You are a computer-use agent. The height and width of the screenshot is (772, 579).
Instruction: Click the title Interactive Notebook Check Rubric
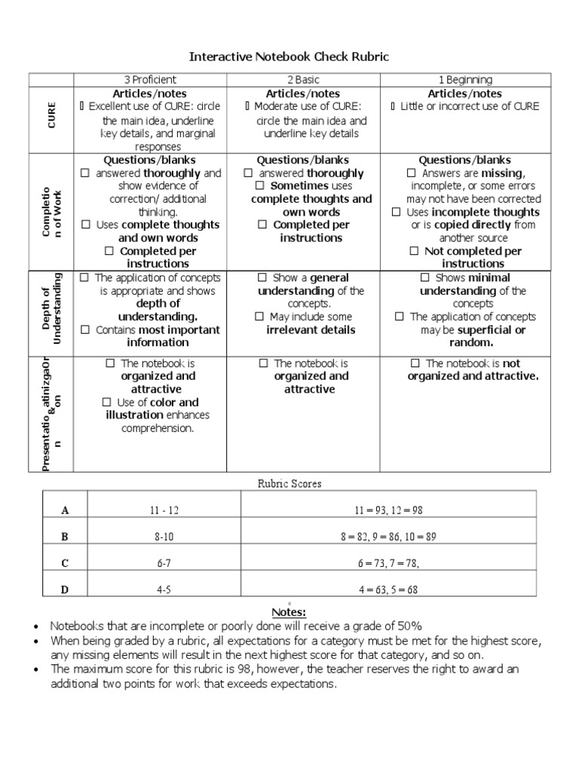coord(289,57)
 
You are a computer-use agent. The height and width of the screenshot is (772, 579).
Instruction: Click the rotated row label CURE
coord(51,120)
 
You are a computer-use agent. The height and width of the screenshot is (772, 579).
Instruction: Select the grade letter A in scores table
coord(65,510)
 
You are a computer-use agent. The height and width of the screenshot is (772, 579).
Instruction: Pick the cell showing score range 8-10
coord(164,537)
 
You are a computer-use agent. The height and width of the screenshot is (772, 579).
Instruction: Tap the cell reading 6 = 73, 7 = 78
coord(388,563)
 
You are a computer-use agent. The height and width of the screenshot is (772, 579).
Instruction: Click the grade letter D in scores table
coord(65,590)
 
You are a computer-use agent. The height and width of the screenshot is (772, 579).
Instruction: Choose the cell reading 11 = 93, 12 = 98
coord(388,510)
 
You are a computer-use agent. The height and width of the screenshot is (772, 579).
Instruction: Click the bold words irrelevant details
coord(311,330)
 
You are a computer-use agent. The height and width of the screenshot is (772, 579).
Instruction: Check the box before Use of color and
coord(109,403)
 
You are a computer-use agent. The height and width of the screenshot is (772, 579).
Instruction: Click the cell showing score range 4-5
coord(164,590)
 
